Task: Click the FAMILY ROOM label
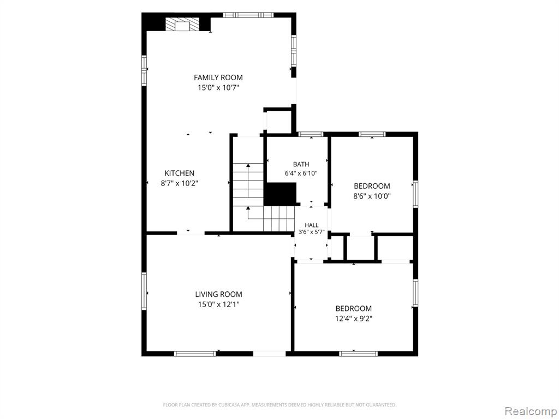218,77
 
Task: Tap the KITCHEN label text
179,173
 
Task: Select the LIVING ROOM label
218,294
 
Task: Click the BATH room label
301,164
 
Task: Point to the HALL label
312,225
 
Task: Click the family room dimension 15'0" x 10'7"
218,88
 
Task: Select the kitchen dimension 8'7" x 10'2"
179,183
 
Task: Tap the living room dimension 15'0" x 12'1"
218,304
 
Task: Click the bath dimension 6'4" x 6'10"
301,173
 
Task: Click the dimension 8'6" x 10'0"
372,196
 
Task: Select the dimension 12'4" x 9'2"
354,319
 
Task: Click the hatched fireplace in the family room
182,24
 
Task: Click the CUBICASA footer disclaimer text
280,405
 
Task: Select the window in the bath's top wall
311,134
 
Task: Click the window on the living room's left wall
144,291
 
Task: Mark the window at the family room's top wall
248,15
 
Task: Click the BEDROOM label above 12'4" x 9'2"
354,309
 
